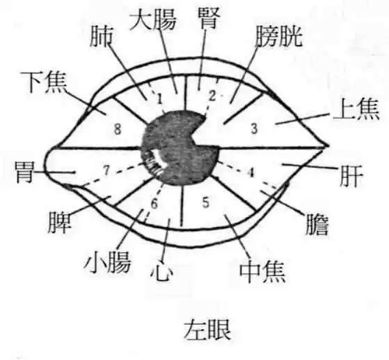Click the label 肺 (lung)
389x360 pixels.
point(101,37)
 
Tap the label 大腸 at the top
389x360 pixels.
point(153,19)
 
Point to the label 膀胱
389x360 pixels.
point(279,37)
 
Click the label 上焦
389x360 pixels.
point(356,110)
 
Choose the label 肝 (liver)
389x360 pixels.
point(351,176)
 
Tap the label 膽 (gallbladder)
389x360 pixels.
point(317,224)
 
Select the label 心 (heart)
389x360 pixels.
point(162,271)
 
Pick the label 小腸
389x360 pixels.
point(107,262)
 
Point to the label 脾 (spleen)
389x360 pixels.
point(59,222)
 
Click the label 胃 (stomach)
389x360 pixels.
point(25,172)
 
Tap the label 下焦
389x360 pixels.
point(44,82)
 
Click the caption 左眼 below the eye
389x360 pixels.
point(207,330)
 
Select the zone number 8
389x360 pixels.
point(117,128)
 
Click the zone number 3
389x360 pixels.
point(254,128)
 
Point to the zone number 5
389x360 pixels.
point(205,202)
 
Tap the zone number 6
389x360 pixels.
point(154,204)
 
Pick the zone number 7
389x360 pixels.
point(107,170)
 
